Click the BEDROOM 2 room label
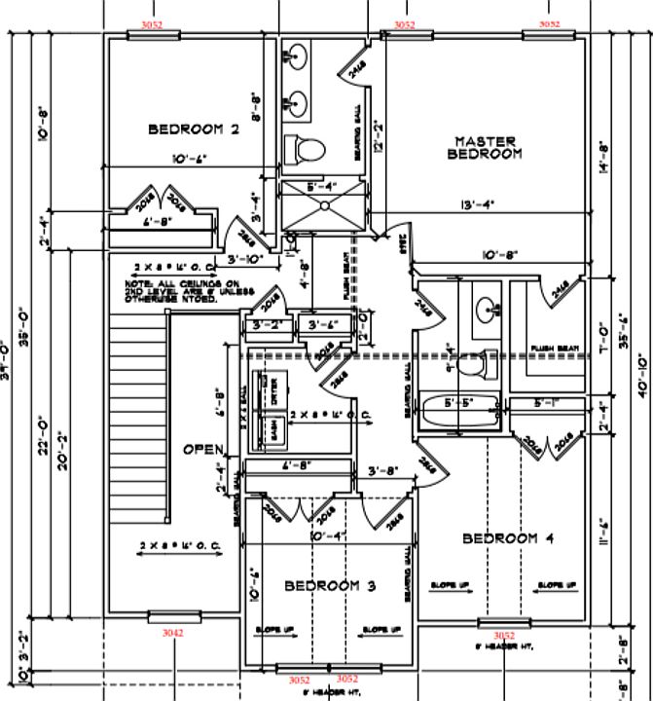click(x=193, y=129)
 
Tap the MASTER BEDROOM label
click(x=485, y=147)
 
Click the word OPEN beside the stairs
click(x=204, y=450)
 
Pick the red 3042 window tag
click(x=174, y=632)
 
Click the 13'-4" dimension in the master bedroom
click(x=479, y=204)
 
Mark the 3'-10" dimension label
click(x=247, y=260)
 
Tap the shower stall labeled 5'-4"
click(x=322, y=203)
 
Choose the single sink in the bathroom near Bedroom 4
click(x=487, y=311)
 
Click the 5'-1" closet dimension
click(x=546, y=402)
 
